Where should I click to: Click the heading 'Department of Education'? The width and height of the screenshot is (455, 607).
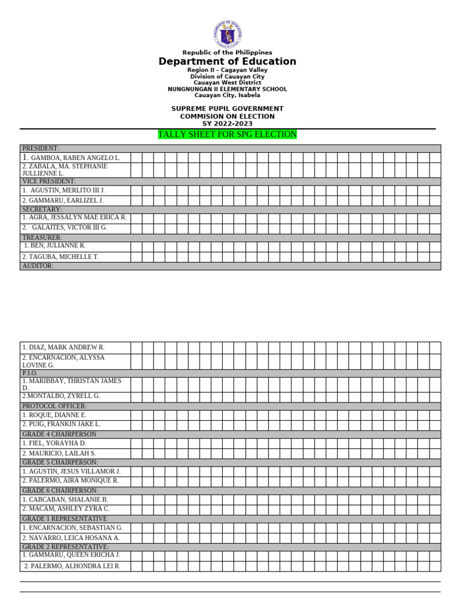click(x=227, y=62)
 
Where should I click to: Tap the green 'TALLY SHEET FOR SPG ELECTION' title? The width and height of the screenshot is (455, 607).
click(x=227, y=135)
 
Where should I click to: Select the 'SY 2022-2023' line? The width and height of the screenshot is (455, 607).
click(x=227, y=124)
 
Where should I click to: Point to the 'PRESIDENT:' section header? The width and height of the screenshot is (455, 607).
click(x=41, y=148)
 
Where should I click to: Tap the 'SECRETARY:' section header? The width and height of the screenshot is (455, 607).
click(x=42, y=209)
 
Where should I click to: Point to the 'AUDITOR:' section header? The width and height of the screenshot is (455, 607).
click(x=38, y=266)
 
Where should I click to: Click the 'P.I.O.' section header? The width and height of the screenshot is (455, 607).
click(x=30, y=373)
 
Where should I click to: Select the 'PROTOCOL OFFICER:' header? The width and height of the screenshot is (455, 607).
click(x=55, y=406)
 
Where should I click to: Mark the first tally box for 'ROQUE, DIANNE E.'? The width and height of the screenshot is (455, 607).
click(x=136, y=415)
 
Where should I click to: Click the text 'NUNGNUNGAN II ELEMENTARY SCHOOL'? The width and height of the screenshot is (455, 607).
click(x=227, y=90)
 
